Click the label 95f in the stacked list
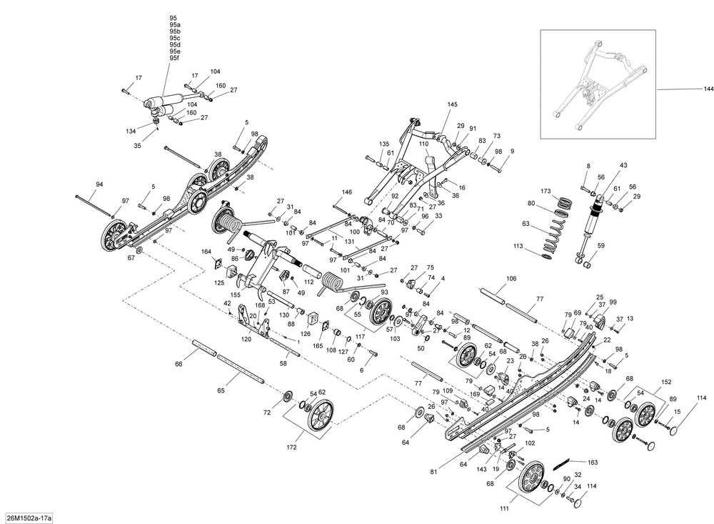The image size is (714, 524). pyautogui.click(x=174, y=59)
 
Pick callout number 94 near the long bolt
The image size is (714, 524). pyautogui.click(x=99, y=184)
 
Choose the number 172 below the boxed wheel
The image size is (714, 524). pyautogui.click(x=291, y=447)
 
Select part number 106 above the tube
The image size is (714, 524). pyautogui.click(x=511, y=279)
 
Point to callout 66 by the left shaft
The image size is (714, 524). pyautogui.click(x=178, y=365)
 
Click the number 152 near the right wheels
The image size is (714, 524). pyautogui.click(x=666, y=382)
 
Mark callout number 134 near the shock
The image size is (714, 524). pyautogui.click(x=131, y=132)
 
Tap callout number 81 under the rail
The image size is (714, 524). pyautogui.click(x=433, y=470)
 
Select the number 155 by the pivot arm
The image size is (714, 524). pyautogui.click(x=236, y=294)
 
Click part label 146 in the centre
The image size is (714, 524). pyautogui.click(x=347, y=192)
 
